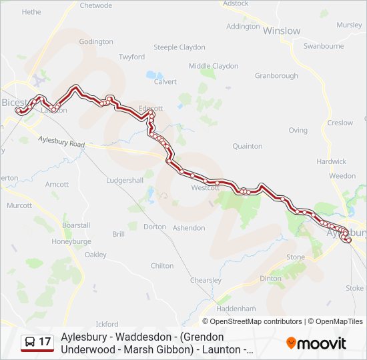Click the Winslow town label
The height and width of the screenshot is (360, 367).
point(282,31)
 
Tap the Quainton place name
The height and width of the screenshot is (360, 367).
point(247,146)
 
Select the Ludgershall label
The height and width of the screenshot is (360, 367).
point(125,181)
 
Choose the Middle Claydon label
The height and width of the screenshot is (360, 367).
point(214,66)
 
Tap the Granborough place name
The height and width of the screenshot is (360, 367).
point(276,76)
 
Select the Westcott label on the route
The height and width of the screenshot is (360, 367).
point(205,188)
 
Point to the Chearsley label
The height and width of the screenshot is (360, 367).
point(206,281)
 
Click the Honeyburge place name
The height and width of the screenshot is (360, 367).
point(71,241)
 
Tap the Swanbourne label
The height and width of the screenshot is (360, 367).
point(324,46)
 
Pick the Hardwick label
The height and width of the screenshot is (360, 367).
point(332,161)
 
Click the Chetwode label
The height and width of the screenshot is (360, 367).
point(96,5)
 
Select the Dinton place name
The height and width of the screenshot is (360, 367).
point(270,279)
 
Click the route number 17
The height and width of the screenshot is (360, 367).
point(45,342)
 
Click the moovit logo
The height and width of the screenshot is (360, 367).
point(316,343)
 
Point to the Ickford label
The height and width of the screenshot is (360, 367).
point(107,325)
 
